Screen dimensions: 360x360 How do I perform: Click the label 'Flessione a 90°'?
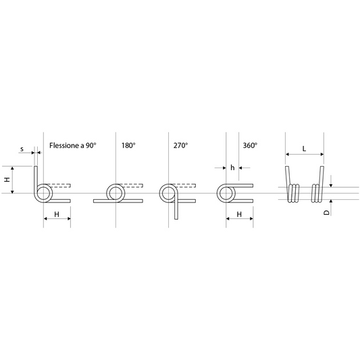click(73, 145)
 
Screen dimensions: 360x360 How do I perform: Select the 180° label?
click(128, 145)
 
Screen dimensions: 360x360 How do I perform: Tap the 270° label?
click(181, 145)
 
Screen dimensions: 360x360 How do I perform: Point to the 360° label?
click(250, 145)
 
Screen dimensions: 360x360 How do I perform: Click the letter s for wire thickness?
click(22, 149)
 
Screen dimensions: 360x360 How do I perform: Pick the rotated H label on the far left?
click(7, 179)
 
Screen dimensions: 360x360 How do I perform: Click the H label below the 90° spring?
click(57, 214)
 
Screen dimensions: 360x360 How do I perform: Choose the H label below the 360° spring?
click(239, 214)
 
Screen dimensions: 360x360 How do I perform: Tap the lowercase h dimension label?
click(232, 168)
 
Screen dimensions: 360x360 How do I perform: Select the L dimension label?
click(304, 149)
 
